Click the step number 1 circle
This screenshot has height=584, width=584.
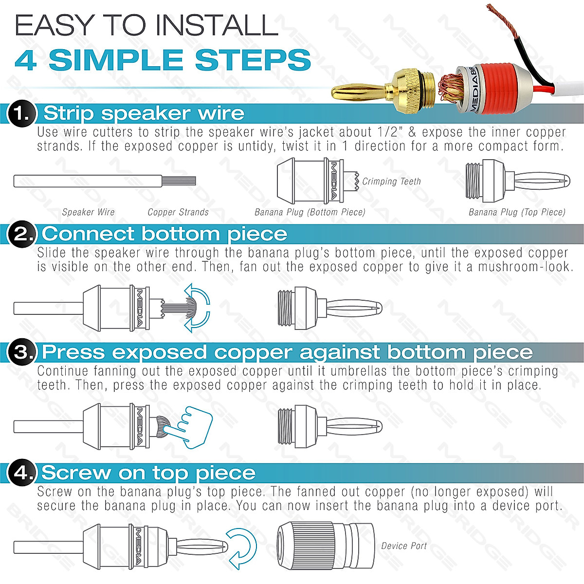(22, 114)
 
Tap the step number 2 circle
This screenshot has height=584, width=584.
(22, 234)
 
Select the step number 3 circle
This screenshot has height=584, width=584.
(22, 352)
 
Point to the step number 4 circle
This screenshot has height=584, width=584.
(22, 473)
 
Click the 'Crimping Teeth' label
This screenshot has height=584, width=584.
(391, 182)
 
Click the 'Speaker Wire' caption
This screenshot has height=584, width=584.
(88, 212)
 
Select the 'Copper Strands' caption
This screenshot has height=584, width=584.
(178, 212)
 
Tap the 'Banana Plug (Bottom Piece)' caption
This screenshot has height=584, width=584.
(310, 212)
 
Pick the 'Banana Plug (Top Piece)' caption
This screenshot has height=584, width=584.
(517, 212)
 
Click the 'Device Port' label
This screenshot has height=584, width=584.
(403, 546)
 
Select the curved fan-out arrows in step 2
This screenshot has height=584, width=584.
(198, 308)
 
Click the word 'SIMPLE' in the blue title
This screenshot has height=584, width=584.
(122, 60)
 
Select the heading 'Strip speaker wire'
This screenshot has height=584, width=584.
(144, 113)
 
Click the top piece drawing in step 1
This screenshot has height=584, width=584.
(517, 182)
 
